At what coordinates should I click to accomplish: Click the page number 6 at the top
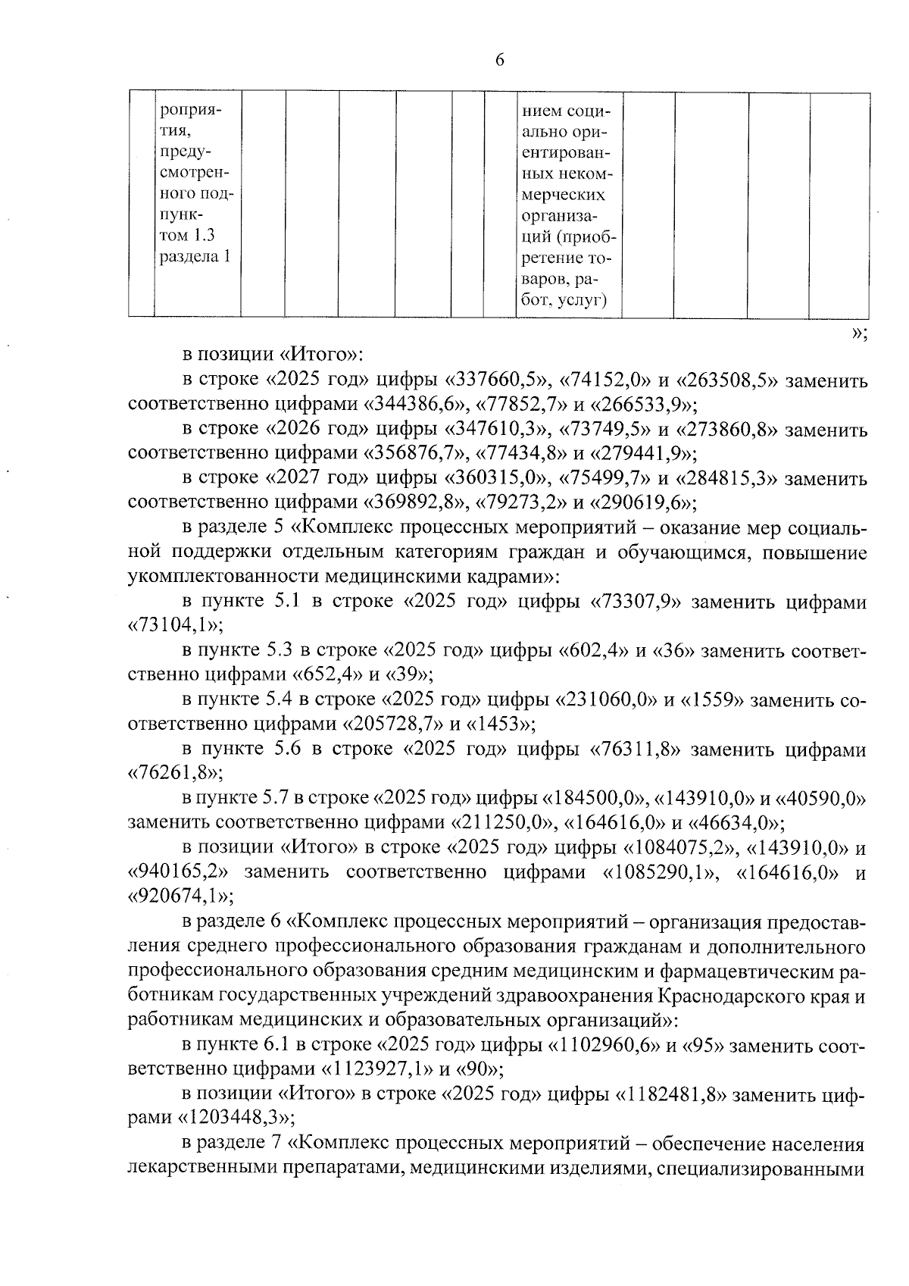point(499,61)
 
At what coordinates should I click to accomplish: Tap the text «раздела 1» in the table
point(194,257)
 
